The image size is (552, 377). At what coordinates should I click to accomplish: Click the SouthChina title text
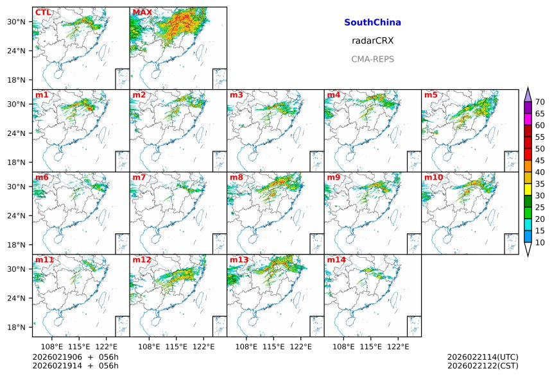(372, 22)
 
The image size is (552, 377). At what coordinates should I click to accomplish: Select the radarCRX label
(372, 40)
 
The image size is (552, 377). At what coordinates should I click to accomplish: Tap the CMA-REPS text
(372, 59)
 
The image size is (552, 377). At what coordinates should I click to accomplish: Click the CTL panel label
(43, 12)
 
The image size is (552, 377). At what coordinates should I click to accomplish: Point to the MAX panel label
(142, 12)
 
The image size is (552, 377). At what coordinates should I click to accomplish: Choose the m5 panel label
(431, 96)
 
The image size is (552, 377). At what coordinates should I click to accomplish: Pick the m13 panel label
(239, 260)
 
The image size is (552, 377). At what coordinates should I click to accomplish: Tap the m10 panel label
(433, 177)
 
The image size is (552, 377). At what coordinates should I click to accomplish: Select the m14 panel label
(336, 260)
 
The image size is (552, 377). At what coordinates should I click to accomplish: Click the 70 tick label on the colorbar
(540, 102)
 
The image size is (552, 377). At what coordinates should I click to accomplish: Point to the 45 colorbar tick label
(540, 160)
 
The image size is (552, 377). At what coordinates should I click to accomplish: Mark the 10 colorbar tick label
(540, 242)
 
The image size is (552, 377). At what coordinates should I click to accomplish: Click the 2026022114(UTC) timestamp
(482, 357)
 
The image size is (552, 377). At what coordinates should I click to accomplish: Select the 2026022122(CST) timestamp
(482, 366)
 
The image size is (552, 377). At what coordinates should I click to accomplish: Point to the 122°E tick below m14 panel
(398, 346)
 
